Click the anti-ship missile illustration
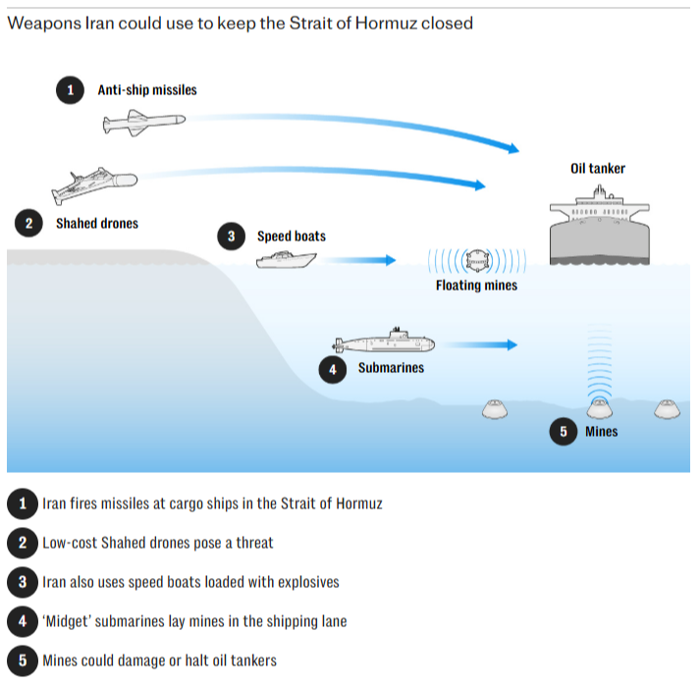coord(142,121)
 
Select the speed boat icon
coord(286,260)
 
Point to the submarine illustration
coord(383,342)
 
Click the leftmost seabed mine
coord(498,409)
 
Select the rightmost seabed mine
coord(667,408)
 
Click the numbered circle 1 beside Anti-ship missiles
coord(69,90)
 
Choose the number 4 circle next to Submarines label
coord(333,368)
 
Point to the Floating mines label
coord(476,286)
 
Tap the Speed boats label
coord(292,237)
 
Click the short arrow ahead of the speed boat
coord(361,260)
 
